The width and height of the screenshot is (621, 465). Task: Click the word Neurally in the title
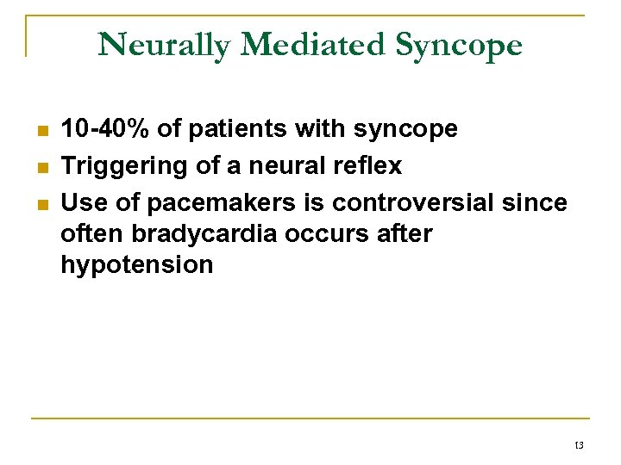[x=164, y=45]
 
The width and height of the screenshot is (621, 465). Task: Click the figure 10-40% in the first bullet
[x=108, y=130]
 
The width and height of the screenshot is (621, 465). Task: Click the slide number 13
[x=578, y=445]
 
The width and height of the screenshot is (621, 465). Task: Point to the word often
[x=93, y=234]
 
